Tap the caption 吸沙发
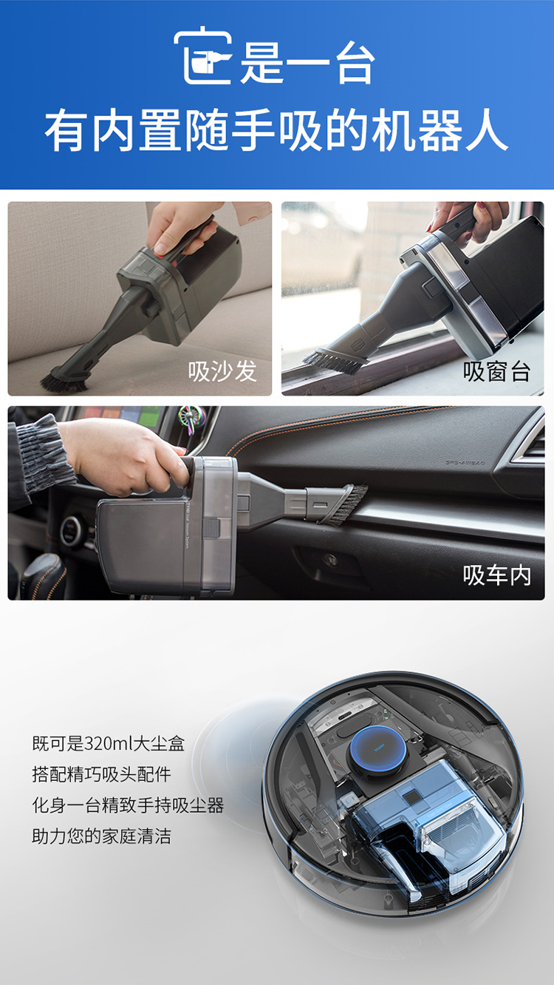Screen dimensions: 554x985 (222, 370)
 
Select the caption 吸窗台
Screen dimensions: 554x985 (496, 371)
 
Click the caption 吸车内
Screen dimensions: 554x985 (496, 575)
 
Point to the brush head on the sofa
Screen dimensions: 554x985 (64, 382)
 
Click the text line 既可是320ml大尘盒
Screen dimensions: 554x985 (108, 744)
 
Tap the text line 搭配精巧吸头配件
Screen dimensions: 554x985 (101, 774)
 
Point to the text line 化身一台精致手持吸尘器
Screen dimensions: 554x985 (128, 805)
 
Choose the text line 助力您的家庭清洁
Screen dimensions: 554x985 (101, 836)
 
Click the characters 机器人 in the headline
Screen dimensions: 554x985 (440, 131)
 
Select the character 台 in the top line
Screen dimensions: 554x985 (355, 64)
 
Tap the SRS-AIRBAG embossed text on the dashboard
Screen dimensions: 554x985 (465, 463)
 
